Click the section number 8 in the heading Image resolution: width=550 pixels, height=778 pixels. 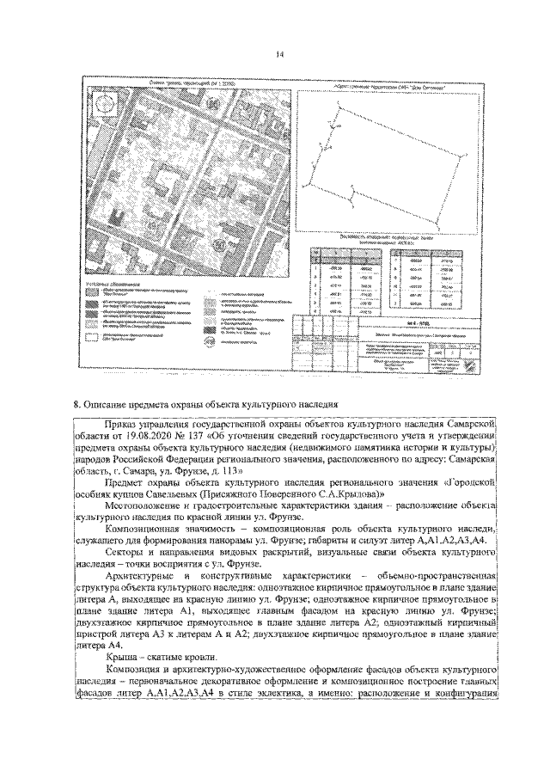pos(77,404)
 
